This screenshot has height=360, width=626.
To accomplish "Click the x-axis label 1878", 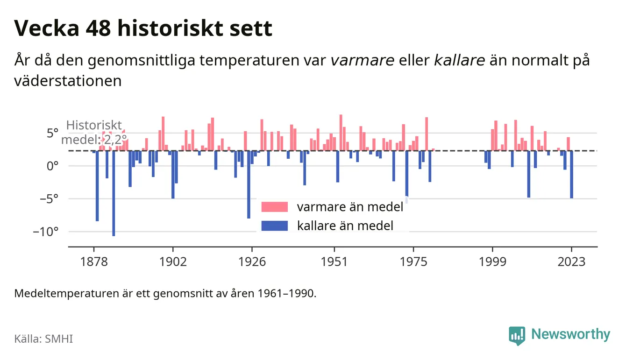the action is [x=94, y=262].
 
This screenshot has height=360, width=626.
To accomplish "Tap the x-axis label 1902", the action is [x=173, y=262].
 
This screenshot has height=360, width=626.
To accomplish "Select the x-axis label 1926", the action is [x=252, y=262].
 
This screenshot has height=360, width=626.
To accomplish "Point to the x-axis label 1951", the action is [x=334, y=262].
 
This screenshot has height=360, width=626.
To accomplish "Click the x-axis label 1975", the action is [x=413, y=262].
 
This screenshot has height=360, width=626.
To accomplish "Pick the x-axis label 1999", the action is [x=492, y=262].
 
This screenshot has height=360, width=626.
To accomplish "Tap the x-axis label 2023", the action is [x=571, y=262].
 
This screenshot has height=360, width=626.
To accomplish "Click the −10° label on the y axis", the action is [x=46, y=232].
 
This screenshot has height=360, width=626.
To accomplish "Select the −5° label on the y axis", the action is [x=49, y=199].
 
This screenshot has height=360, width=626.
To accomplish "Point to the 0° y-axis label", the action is [x=52, y=166].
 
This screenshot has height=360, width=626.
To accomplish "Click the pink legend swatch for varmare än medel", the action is [x=274, y=207].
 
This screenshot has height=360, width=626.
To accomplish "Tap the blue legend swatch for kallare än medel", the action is [x=274, y=226].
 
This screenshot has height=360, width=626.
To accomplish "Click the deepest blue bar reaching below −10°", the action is [x=114, y=193].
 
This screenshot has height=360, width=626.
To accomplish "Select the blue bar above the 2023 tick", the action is [x=571, y=175].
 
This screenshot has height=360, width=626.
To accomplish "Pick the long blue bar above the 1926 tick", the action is [x=249, y=184].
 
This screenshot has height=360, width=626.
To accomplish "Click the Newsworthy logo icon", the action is [x=517, y=336].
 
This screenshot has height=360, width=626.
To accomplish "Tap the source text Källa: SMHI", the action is [x=43, y=339].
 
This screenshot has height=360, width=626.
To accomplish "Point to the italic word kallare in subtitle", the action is [x=459, y=60].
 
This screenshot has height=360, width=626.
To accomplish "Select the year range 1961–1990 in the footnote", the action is [x=286, y=294].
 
